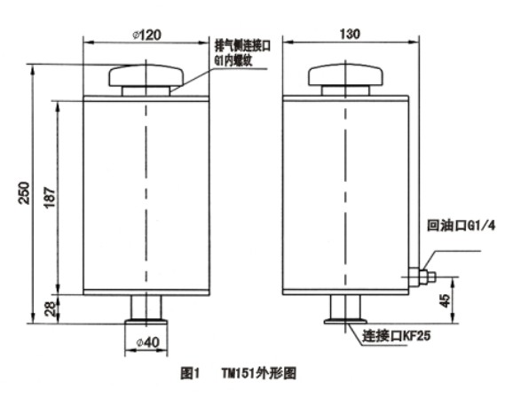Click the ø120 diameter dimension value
coord(146,35)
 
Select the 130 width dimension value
coord(350,34)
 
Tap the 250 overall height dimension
coord(24,193)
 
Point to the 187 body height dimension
coord(50,198)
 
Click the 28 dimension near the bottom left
coord(51,308)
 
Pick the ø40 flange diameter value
coord(148,342)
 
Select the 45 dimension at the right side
coord(446,300)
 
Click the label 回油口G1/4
coord(461,225)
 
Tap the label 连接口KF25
coord(397,336)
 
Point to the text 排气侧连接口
coord(243,46)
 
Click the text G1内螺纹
coord(233,60)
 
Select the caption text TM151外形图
coord(259,373)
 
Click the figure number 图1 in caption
coord(191,373)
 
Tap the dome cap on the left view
coord(146,75)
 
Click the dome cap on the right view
coord(345,75)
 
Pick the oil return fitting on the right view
coord(422,277)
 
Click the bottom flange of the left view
coord(146,321)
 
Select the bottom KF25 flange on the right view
coord(345,321)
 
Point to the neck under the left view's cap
coord(146,91)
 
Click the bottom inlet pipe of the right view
coord(345,307)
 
